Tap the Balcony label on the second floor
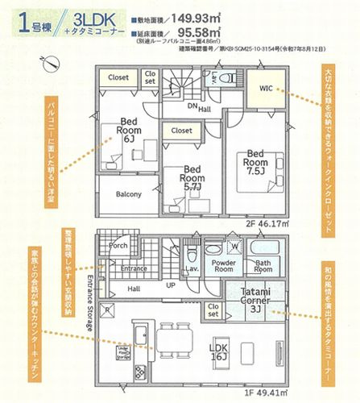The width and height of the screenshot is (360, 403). (x=128, y=194)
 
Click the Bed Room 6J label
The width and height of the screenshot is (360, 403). (x=129, y=131)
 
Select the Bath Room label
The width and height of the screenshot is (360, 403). (x=263, y=267)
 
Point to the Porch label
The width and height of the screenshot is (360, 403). (x=118, y=246)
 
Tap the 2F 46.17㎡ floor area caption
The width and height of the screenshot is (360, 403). (x=272, y=218)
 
